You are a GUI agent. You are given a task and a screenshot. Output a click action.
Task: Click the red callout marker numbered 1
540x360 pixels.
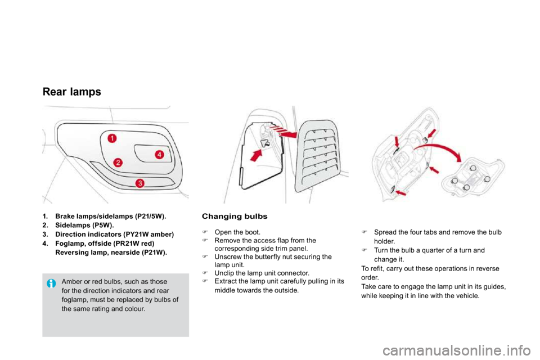point(112,138)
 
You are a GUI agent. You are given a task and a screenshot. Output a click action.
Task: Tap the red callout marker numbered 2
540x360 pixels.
point(118,162)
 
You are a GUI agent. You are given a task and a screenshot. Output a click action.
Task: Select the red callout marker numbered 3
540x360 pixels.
point(140,183)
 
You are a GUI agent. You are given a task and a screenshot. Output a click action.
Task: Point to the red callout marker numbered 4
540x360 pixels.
point(159,155)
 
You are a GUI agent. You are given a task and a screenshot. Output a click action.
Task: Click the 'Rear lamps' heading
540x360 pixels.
point(72,92)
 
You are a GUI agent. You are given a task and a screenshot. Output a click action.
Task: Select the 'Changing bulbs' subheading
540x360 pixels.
point(235,217)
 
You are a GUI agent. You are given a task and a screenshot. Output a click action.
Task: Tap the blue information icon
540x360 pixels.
point(51,283)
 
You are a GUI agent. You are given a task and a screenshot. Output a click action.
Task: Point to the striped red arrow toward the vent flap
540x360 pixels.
point(282,132)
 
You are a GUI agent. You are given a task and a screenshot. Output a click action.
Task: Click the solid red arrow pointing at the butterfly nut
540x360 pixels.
point(255,155)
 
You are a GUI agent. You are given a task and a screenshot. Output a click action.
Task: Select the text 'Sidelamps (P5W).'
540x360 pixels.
point(84,226)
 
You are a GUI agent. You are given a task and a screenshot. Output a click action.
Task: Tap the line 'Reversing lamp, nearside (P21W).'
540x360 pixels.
point(111,252)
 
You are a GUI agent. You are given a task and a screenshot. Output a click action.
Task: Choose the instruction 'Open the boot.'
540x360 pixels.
point(237,232)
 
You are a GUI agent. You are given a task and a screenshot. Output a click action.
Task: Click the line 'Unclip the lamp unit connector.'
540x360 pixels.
point(262,273)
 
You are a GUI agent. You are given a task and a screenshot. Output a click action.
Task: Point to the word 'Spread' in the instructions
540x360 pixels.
point(385,232)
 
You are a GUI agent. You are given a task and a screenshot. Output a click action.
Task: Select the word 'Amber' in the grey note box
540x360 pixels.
point(71,281)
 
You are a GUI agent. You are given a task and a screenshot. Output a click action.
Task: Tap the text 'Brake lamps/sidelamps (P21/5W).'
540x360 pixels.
point(111,217)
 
